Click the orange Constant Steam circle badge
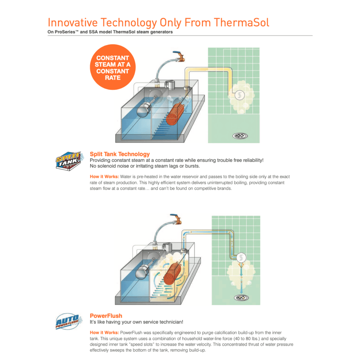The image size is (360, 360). [113, 67]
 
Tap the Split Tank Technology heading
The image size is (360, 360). [120, 154]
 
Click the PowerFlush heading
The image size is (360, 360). [106, 316]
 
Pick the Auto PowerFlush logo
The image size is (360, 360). [69, 321]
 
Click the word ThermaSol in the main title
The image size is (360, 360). [241, 23]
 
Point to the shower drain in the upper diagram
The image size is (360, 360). [240, 136]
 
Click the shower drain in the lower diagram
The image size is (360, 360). [241, 298]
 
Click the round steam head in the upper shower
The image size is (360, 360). [240, 95]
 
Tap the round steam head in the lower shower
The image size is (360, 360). [241, 258]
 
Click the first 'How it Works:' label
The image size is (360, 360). [104, 177]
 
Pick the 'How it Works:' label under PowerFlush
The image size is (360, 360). [104, 332]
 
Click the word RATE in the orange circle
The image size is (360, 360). [113, 78]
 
